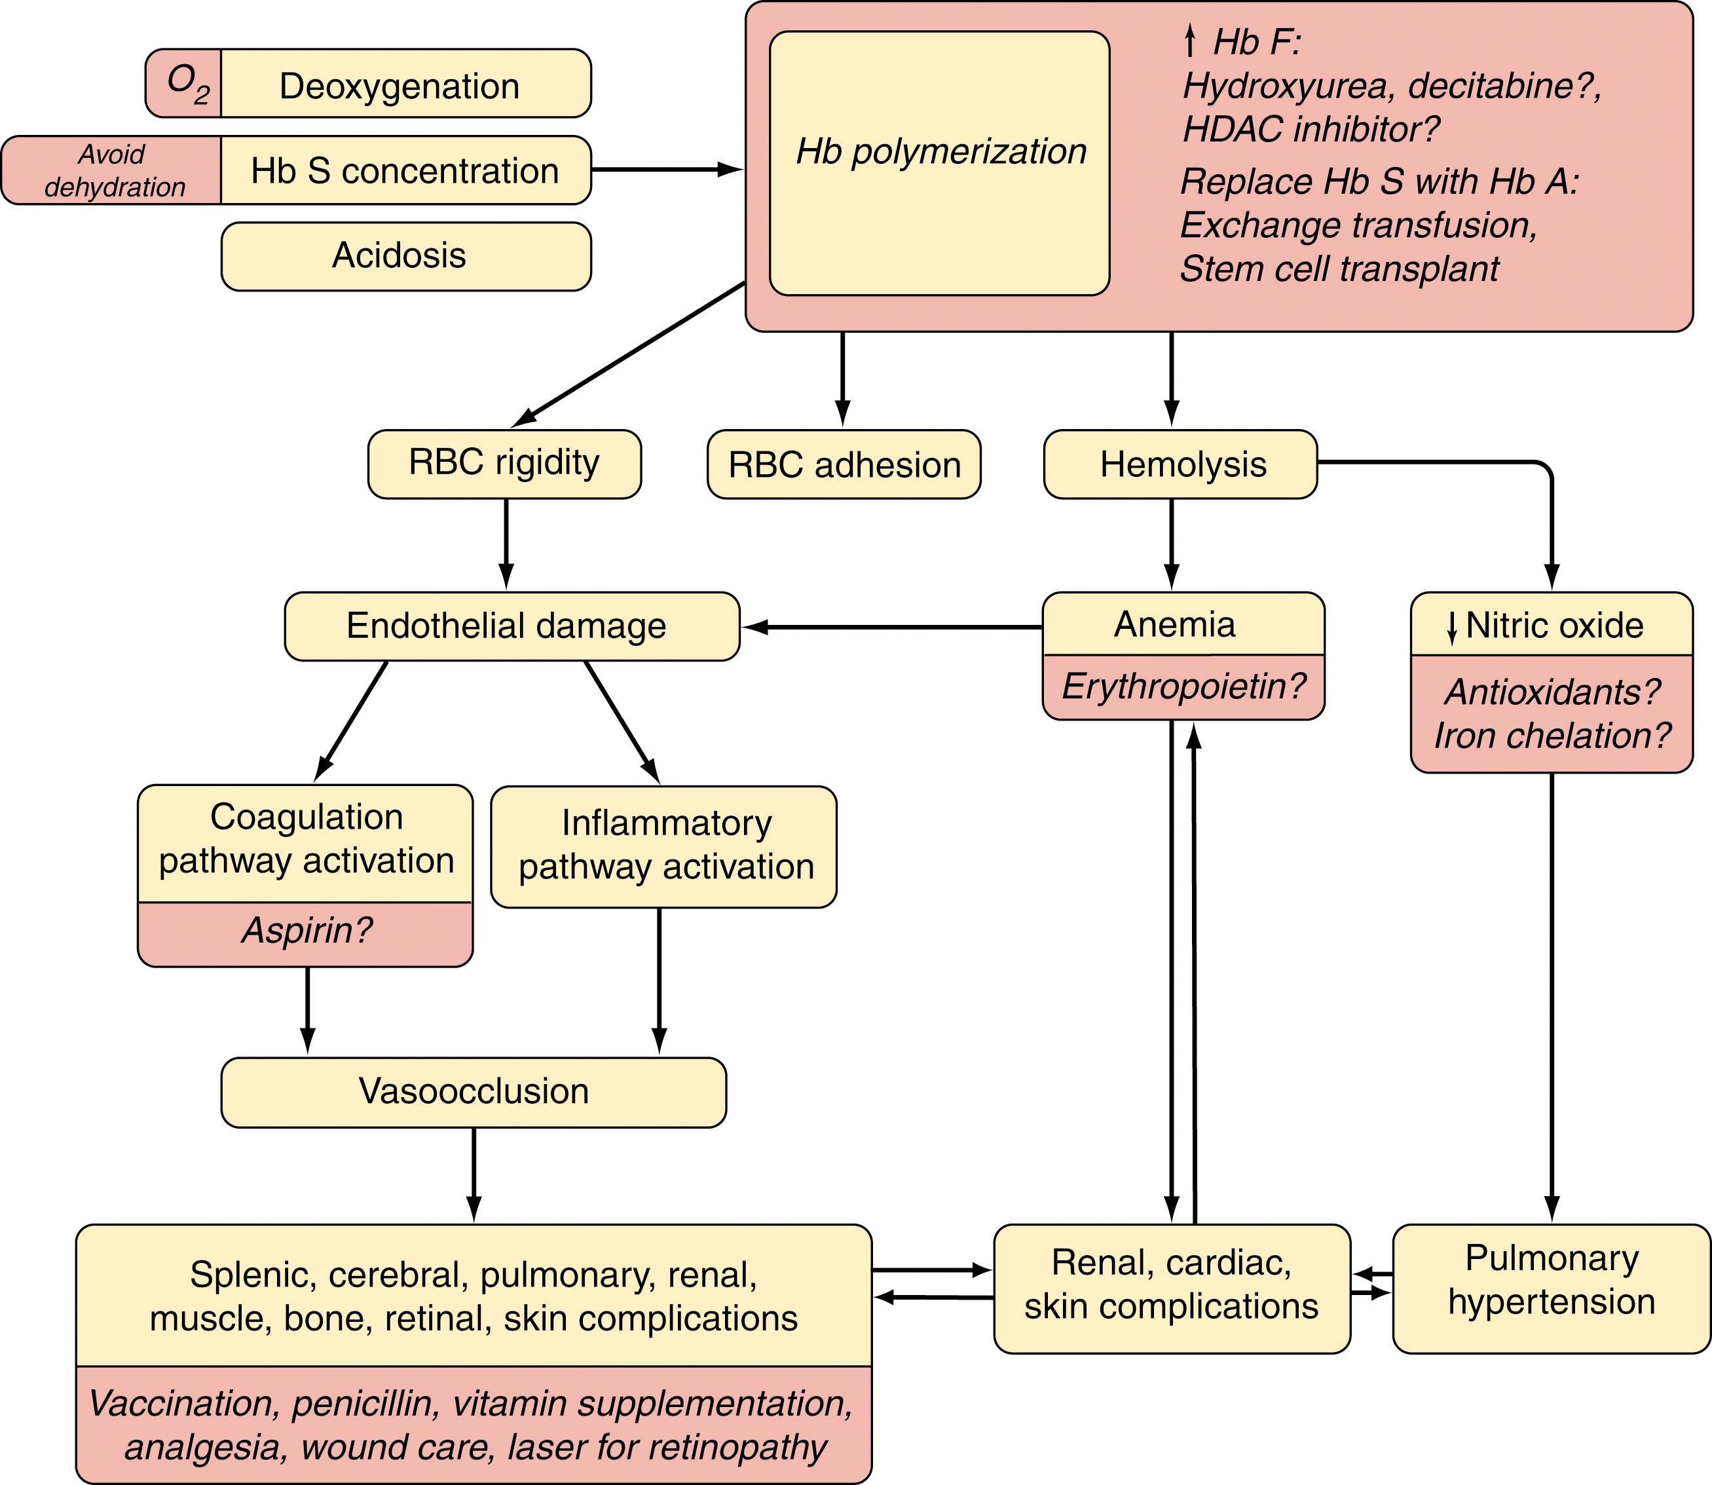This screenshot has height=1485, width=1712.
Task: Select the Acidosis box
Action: pyautogui.click(x=405, y=256)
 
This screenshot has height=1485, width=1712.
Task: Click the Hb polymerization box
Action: pyautogui.click(x=939, y=163)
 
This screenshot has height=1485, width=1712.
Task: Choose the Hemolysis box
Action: pyautogui.click(x=1180, y=464)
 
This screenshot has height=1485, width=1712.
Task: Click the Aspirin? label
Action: pyautogui.click(x=306, y=931)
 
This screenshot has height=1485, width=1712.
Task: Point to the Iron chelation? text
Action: pyautogui.click(x=1552, y=736)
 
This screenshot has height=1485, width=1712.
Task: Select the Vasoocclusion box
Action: pyautogui.click(x=473, y=1091)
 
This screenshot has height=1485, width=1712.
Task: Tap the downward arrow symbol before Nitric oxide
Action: pyautogui.click(x=1451, y=628)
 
